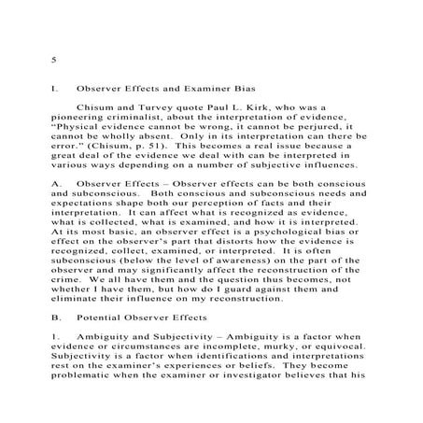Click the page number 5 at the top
click(55, 60)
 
